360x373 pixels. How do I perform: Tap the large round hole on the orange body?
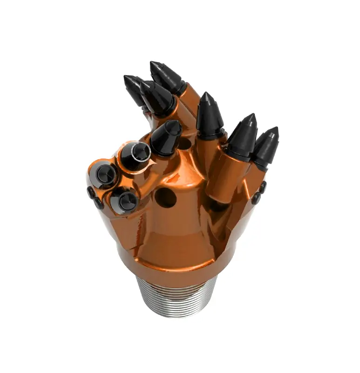tap(165, 197)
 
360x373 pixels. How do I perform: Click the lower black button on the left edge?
tap(98, 203)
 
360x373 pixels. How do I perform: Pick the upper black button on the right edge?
tap(263, 187)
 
